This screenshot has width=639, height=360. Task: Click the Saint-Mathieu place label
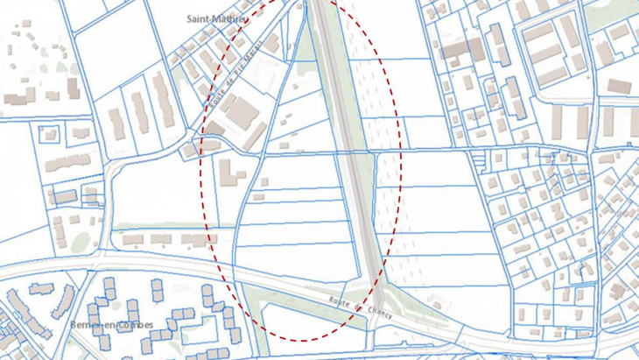click(217, 18)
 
